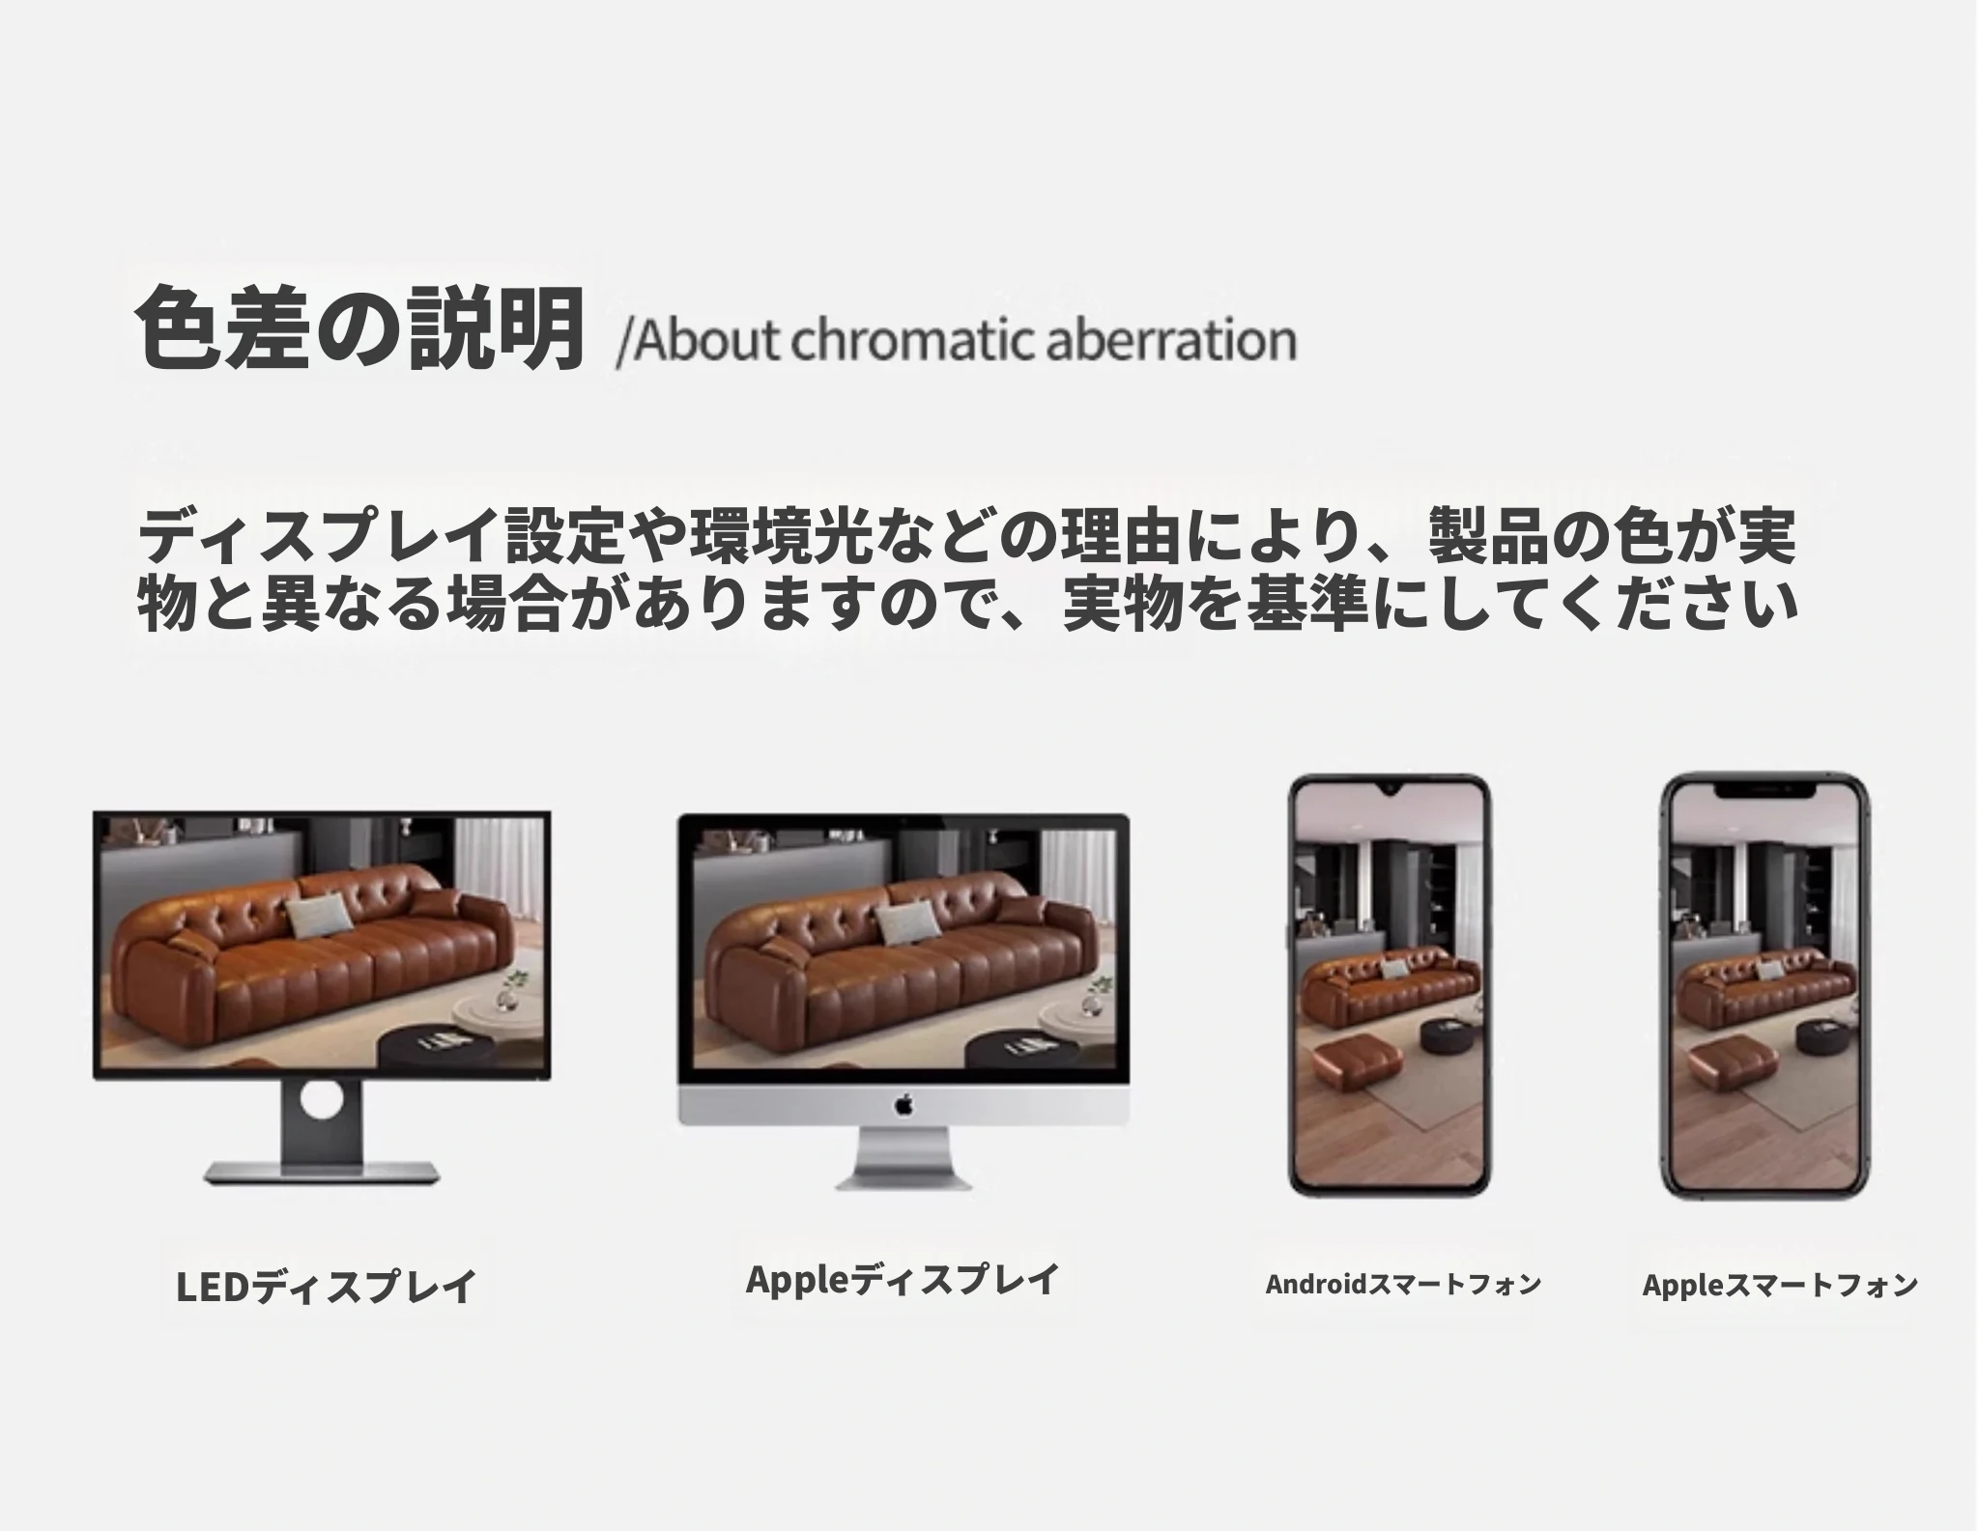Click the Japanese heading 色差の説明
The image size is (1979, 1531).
click(x=360, y=327)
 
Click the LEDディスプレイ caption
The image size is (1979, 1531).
click(x=326, y=1286)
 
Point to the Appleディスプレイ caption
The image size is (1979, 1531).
click(x=903, y=1279)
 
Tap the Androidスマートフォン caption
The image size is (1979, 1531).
click(x=1403, y=1284)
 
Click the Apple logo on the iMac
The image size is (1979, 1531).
click(x=903, y=1103)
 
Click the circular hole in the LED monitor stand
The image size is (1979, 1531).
click(x=322, y=1100)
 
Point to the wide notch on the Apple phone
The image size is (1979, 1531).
click(x=1764, y=790)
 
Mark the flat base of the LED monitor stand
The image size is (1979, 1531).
click(x=322, y=1175)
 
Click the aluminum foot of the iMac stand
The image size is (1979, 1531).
click(x=903, y=1177)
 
